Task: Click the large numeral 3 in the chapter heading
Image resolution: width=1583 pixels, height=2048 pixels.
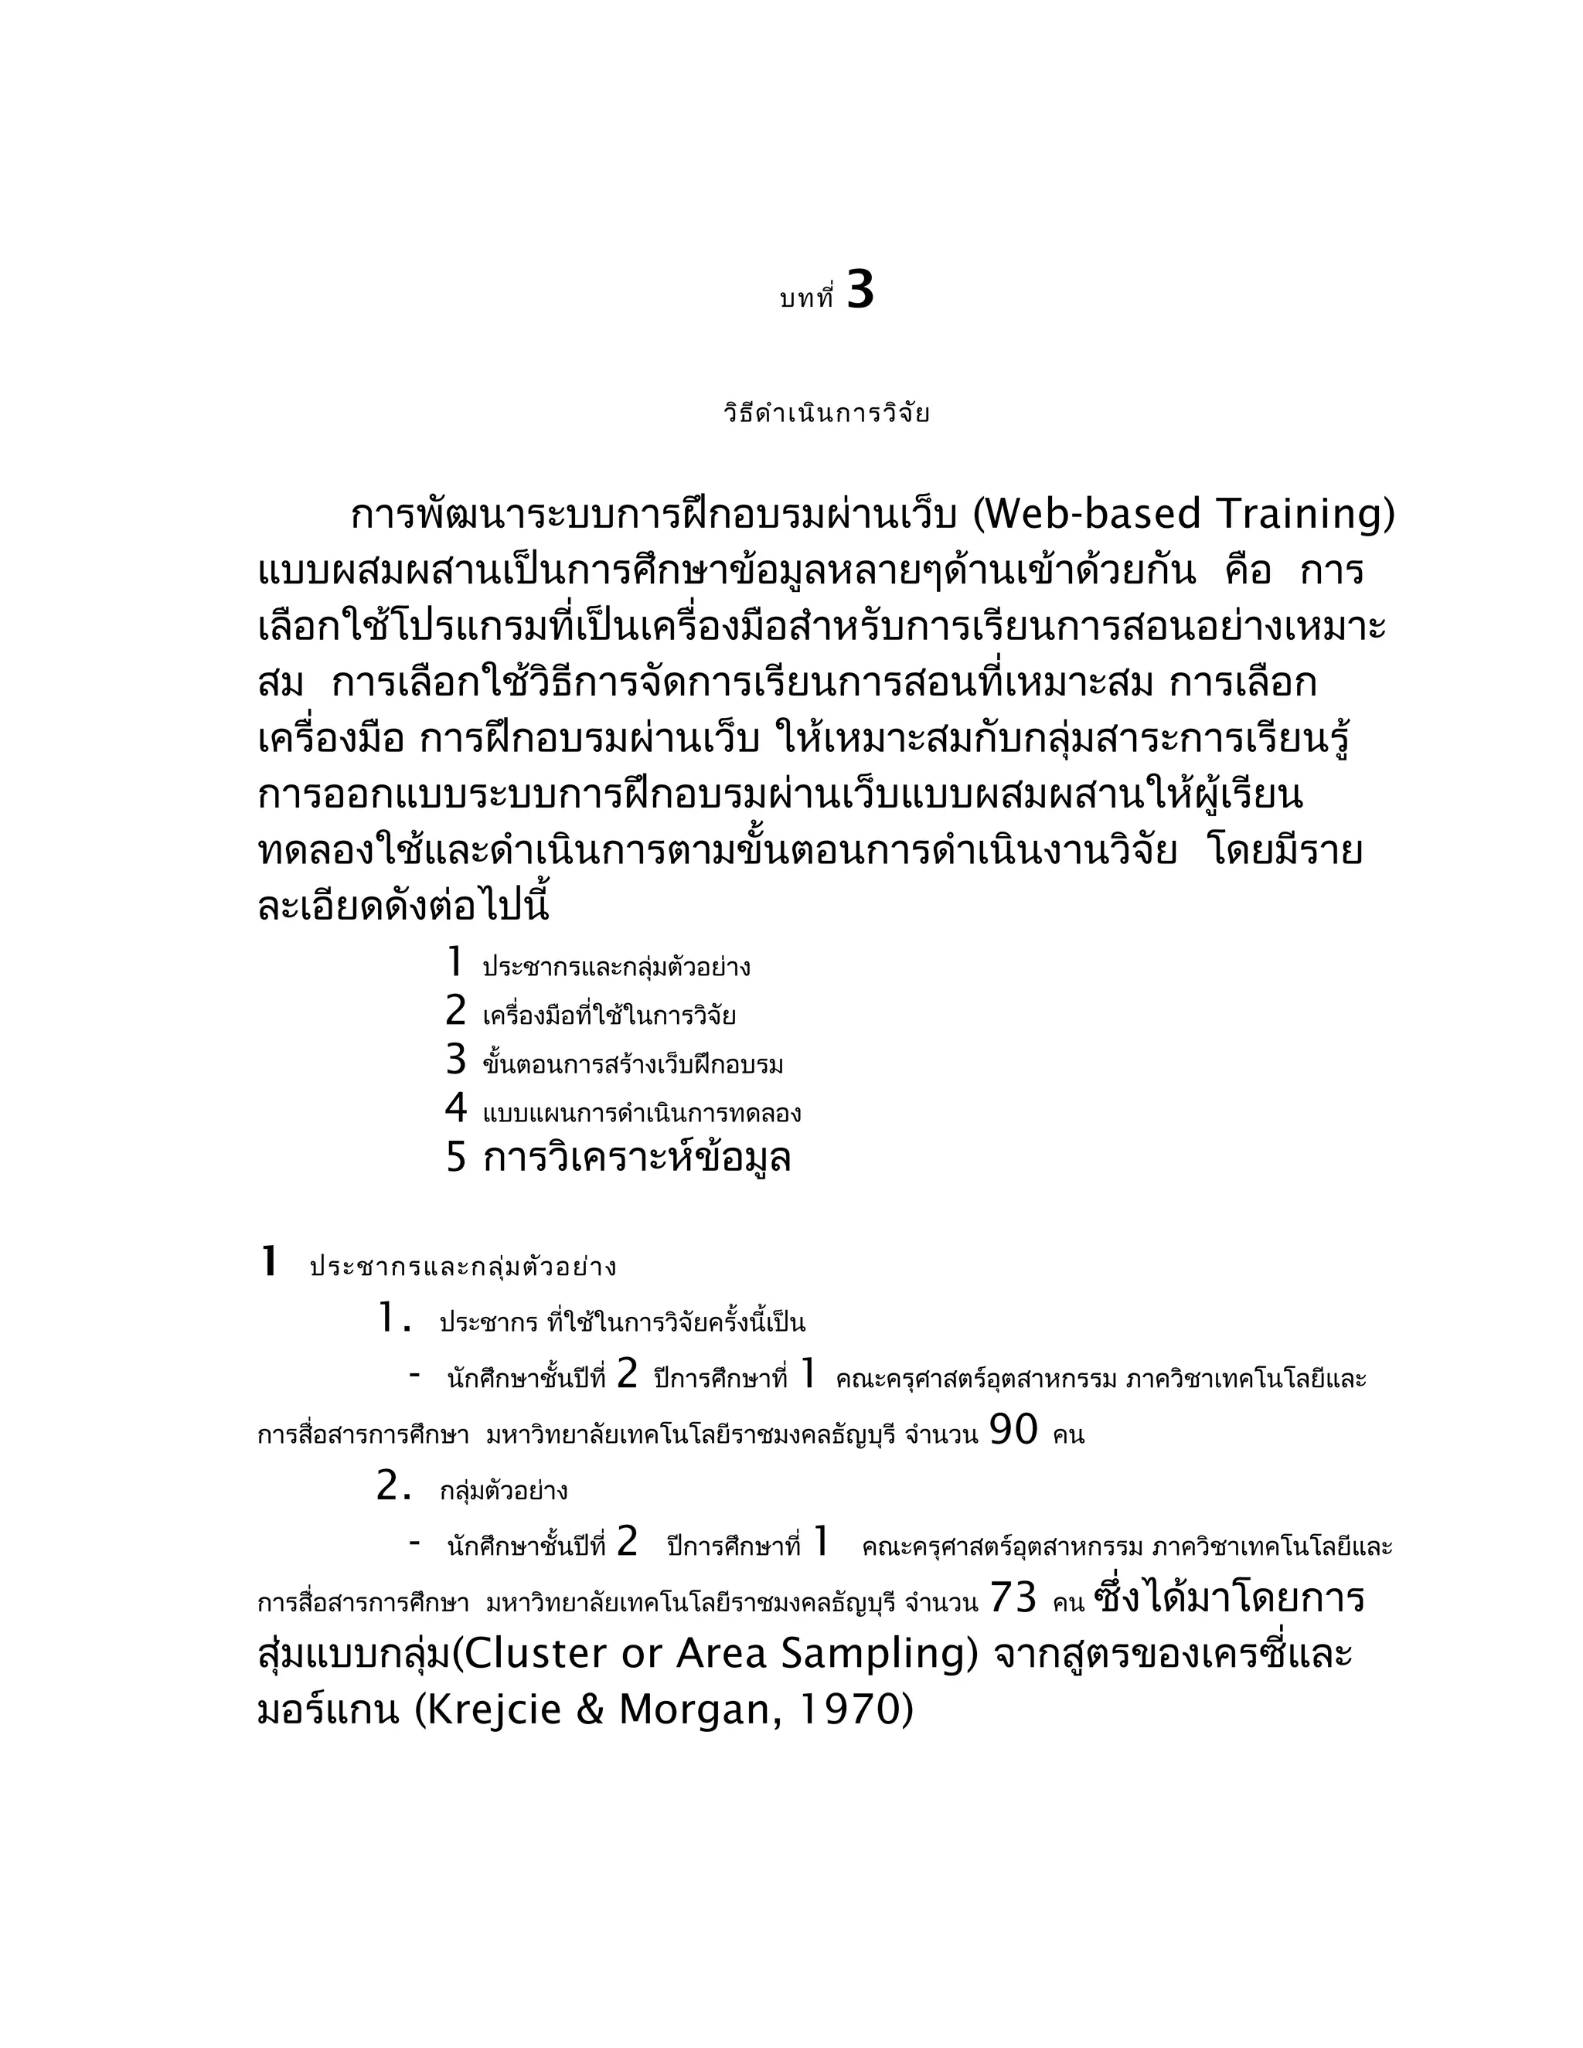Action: tap(860, 291)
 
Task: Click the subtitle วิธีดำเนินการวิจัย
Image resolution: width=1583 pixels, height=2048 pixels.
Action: tap(826, 413)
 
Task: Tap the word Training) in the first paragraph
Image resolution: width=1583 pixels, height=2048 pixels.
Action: tap(1306, 514)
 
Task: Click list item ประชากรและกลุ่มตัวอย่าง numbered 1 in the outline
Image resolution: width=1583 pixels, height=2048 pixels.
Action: tap(616, 967)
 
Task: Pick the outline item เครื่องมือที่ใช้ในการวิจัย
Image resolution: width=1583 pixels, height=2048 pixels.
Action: tap(608, 1015)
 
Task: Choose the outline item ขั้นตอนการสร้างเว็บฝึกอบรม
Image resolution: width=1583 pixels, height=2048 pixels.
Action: tap(633, 1065)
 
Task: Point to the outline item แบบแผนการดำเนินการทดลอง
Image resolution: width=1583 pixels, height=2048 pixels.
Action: tap(642, 1114)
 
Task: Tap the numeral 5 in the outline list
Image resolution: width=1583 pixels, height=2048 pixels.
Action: tap(456, 1158)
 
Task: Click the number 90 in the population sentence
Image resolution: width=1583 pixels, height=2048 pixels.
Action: tap(1014, 1430)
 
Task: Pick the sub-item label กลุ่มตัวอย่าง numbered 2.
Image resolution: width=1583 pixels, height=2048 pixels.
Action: tap(504, 1491)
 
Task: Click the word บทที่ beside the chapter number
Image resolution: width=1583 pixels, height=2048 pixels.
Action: tap(806, 299)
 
